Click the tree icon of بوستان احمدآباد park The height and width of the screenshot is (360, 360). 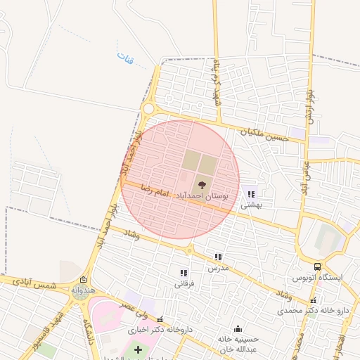coord(202,185)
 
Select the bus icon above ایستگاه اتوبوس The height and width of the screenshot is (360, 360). coord(318,267)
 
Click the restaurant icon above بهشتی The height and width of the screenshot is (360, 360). coord(251,194)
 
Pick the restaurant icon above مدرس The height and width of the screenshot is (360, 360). coord(218,257)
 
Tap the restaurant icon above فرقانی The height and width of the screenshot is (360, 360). coord(184,273)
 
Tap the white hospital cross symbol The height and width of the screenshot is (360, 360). coord(138,349)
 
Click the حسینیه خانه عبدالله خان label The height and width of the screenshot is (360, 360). coord(239,344)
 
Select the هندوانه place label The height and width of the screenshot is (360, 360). coord(83,290)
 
